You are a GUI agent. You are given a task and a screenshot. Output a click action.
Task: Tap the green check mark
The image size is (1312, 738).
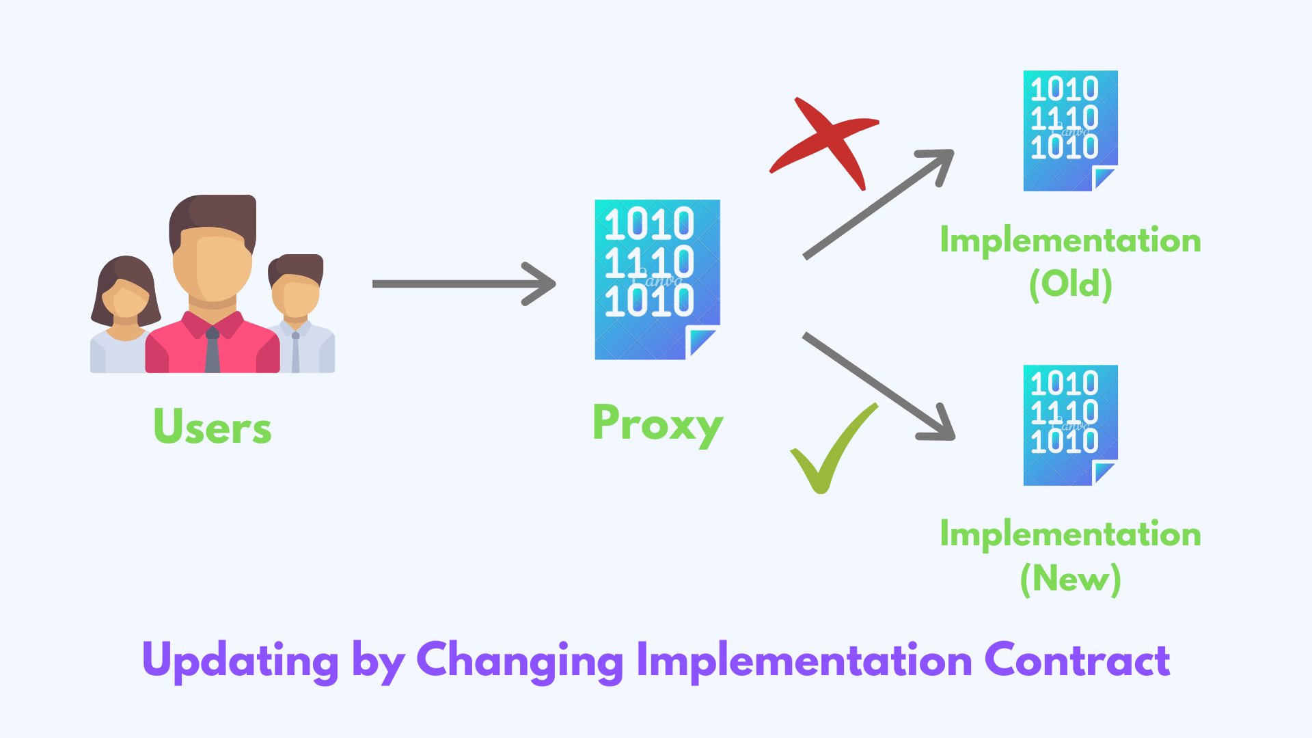(x=830, y=451)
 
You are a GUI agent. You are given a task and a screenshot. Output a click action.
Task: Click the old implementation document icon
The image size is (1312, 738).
(x=1070, y=131)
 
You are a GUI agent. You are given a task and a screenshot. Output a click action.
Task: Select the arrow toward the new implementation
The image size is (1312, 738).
(x=878, y=386)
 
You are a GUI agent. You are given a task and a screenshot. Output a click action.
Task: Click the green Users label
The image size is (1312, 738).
(x=213, y=427)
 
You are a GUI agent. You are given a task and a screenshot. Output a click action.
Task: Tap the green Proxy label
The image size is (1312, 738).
(x=657, y=424)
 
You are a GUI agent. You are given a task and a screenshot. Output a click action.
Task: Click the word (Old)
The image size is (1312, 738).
(x=1071, y=284)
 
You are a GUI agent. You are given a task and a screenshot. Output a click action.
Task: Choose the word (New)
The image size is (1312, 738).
(x=1071, y=579)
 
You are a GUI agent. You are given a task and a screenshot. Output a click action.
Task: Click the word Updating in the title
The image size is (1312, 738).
(x=240, y=661)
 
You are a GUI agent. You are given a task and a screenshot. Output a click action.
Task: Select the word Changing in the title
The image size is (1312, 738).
(x=519, y=661)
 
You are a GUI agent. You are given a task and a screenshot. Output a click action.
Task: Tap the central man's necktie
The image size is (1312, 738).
(x=213, y=352)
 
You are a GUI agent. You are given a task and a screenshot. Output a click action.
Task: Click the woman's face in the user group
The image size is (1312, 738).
(x=125, y=301)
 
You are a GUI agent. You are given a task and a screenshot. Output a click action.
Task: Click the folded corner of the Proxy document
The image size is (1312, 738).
(x=702, y=341)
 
